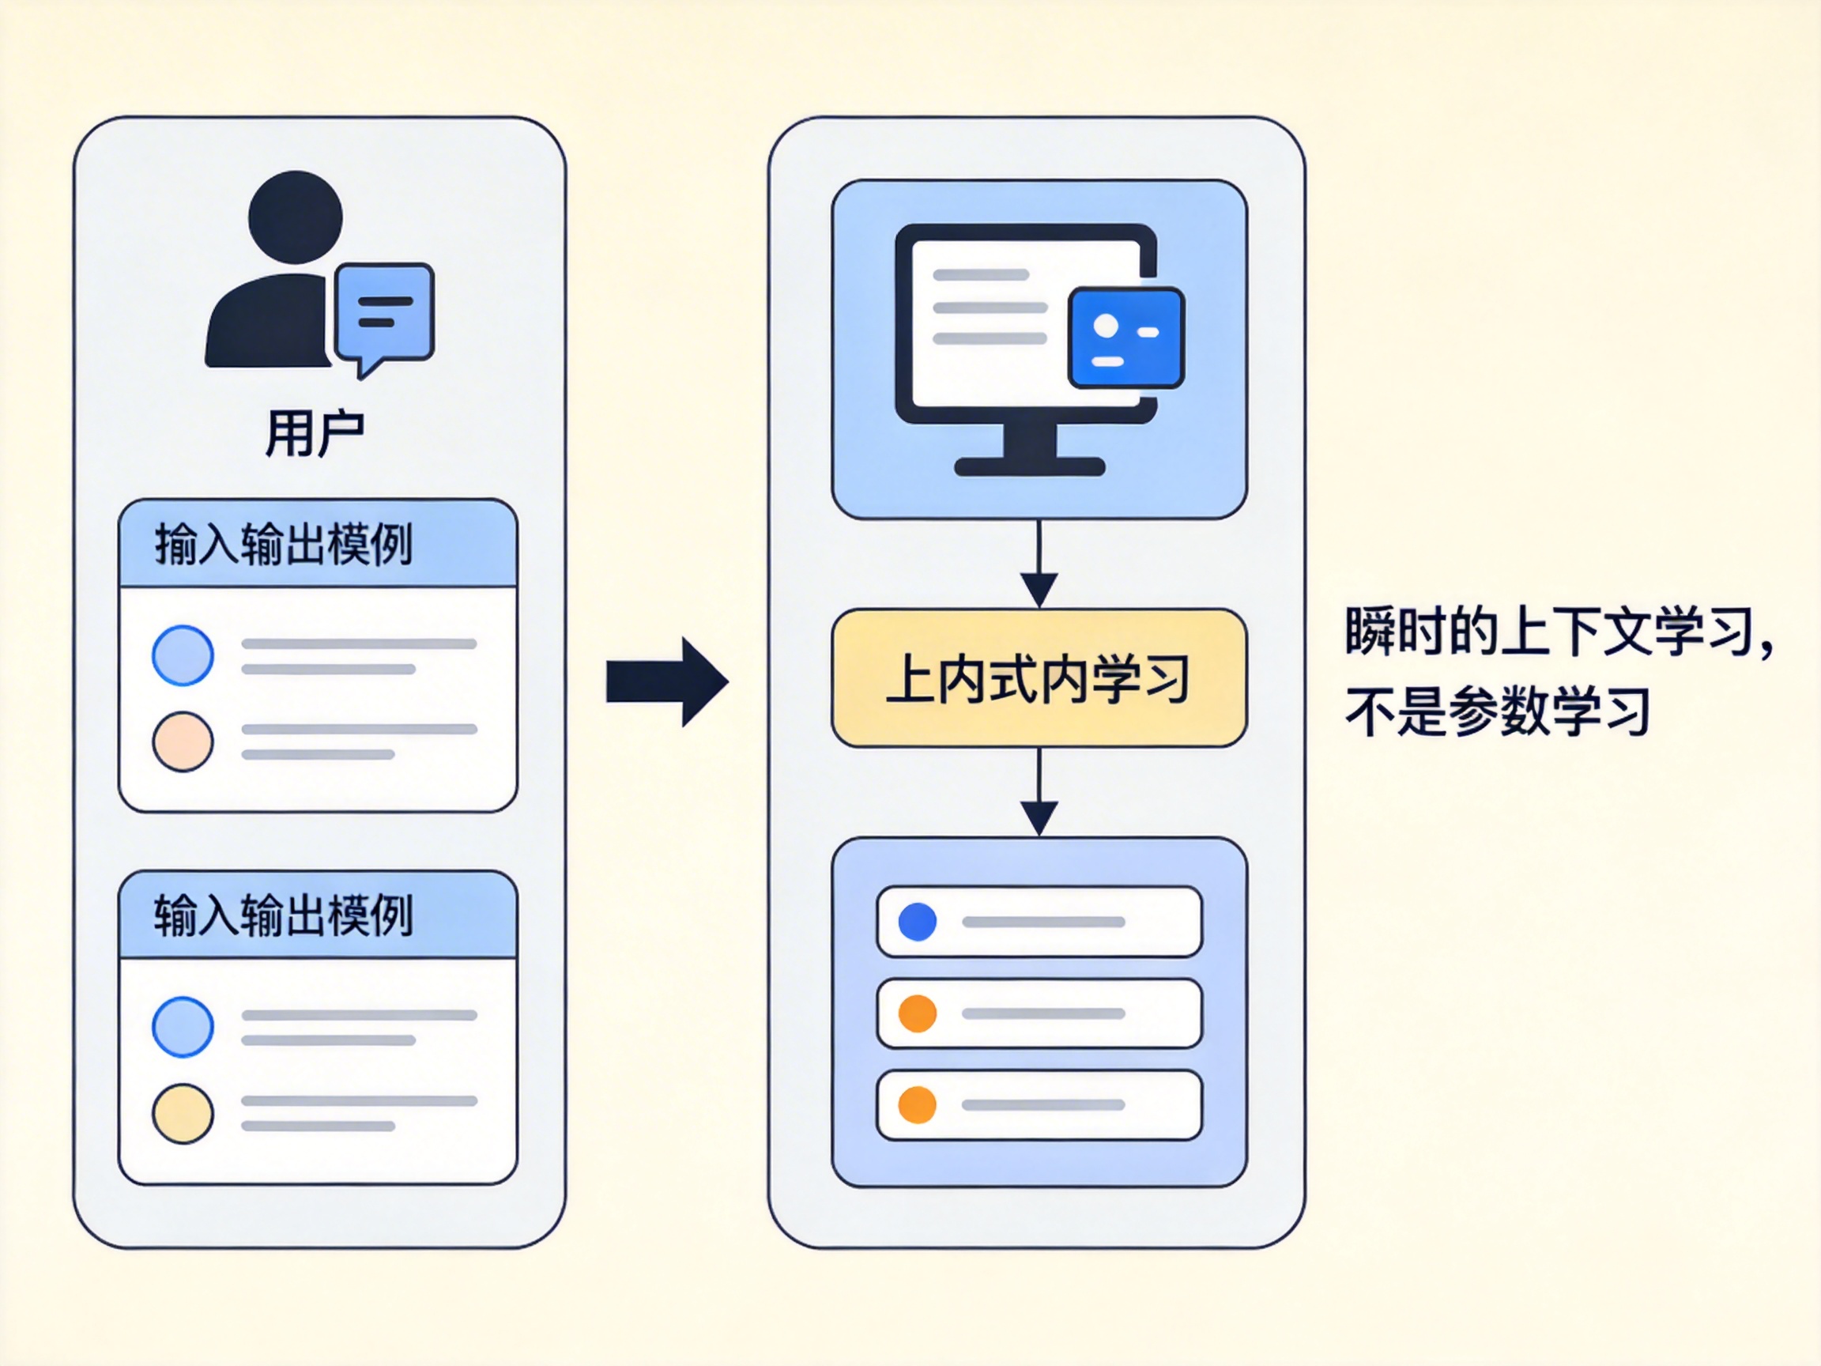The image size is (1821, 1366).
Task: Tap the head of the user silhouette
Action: [296, 217]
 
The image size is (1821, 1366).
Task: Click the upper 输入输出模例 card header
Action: [318, 543]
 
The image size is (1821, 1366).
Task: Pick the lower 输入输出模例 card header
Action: [318, 915]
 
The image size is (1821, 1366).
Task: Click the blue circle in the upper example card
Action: [183, 655]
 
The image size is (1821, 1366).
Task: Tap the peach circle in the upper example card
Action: [183, 741]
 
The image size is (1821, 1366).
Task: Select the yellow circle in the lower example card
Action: [183, 1113]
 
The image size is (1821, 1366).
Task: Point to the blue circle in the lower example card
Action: [183, 1027]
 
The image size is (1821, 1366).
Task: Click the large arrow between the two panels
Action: [667, 681]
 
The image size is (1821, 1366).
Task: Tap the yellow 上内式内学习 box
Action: [1039, 678]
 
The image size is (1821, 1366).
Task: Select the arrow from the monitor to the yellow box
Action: [1039, 564]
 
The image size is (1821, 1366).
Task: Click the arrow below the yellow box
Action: [1039, 792]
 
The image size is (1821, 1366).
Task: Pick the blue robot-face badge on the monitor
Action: [1125, 338]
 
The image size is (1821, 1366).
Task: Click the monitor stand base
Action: [1029, 467]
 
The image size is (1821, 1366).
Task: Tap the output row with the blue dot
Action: [1039, 922]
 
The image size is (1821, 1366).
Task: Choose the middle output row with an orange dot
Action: [1039, 1013]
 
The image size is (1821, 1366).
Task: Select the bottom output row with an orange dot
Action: [1039, 1104]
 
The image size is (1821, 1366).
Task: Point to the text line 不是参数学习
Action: [1497, 711]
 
